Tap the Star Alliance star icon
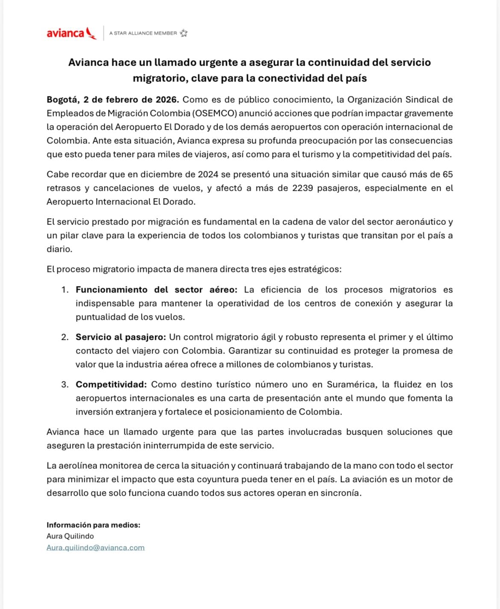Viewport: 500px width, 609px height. coord(183,33)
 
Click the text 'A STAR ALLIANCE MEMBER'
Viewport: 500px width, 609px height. coord(143,33)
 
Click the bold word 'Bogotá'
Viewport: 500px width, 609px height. coord(62,100)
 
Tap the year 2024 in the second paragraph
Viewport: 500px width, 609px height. coord(208,174)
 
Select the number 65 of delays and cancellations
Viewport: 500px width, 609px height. coord(447,174)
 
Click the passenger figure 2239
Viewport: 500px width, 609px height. coord(303,188)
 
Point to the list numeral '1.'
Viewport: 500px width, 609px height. coord(65,290)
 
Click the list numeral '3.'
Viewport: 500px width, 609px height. coord(65,384)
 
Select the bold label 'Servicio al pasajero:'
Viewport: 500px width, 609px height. coord(121,337)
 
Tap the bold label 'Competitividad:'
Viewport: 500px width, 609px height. coord(111,384)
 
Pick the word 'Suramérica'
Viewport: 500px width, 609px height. coord(352,384)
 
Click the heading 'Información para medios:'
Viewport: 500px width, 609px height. coord(93,525)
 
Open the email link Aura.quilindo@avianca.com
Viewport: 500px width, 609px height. coord(95,548)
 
